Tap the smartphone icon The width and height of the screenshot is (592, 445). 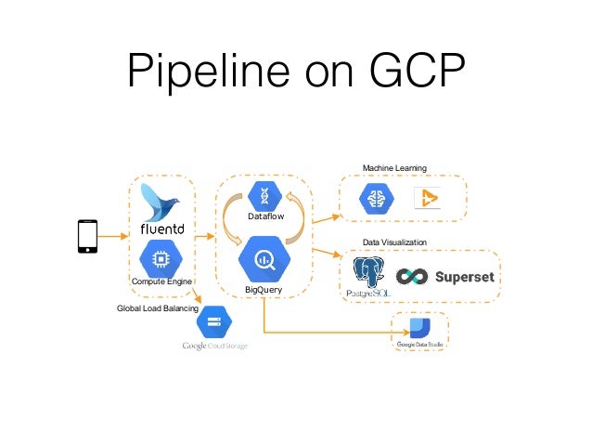click(85, 236)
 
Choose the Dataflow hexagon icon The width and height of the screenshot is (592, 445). click(264, 196)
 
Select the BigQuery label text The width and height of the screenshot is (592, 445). click(264, 291)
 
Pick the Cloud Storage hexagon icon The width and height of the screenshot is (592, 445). click(214, 322)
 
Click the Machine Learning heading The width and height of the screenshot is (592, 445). click(393, 168)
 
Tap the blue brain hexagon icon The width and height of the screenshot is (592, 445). click(376, 198)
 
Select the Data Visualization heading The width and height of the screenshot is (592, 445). click(394, 242)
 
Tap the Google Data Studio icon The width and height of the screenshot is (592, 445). click(419, 327)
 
